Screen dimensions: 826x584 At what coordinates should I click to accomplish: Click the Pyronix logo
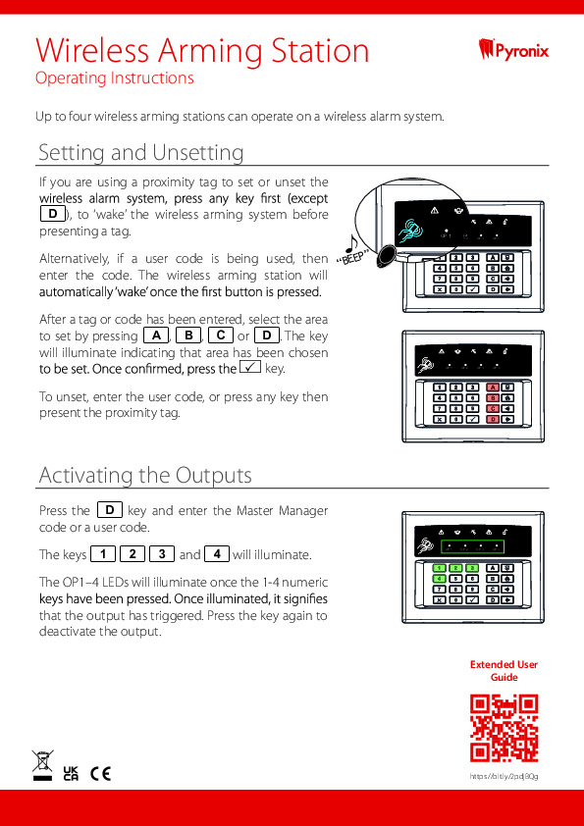(x=513, y=49)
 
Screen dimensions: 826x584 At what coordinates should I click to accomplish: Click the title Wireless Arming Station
(x=202, y=50)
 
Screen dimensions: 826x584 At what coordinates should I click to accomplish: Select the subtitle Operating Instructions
(x=114, y=78)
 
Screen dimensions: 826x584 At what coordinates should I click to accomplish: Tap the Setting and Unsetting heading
(x=140, y=153)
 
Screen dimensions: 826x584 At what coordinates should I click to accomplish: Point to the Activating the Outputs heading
(x=145, y=476)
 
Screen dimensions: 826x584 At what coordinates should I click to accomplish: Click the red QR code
(x=504, y=728)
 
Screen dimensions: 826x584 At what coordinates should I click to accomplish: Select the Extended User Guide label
(x=504, y=671)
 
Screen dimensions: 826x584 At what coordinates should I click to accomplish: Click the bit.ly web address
(x=504, y=776)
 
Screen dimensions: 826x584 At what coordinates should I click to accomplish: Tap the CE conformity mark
(x=100, y=773)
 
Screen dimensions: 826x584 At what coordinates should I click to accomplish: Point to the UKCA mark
(x=71, y=773)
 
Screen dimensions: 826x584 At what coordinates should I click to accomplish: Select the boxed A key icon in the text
(x=156, y=336)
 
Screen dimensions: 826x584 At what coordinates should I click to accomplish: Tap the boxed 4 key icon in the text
(x=217, y=553)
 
